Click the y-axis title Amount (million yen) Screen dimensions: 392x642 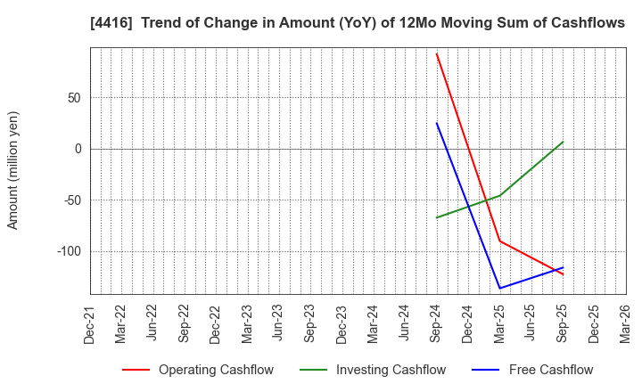pos(13,170)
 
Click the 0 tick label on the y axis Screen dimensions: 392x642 pos(78,149)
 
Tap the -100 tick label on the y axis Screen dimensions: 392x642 pos(68,251)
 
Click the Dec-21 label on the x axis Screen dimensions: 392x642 pos(90,324)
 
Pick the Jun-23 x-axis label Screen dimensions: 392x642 pos(279,324)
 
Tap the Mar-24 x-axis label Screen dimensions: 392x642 pos(374,324)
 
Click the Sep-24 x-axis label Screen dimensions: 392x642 pos(436,324)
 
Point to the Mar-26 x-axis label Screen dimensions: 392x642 pos(625,324)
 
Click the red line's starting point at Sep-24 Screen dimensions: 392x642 pos(436,53)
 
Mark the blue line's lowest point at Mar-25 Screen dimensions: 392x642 pos(499,288)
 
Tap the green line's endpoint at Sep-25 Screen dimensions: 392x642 pos(563,142)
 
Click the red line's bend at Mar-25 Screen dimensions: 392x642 pos(499,241)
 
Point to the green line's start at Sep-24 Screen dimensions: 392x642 pos(436,217)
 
